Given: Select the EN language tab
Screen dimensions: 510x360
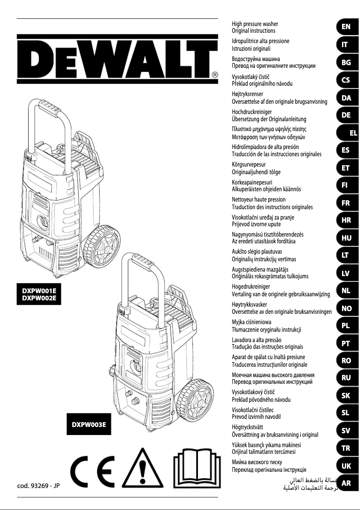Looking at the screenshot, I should point(346,27).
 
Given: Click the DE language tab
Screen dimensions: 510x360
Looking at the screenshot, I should point(346,115).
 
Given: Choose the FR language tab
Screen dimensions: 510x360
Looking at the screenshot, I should point(346,203).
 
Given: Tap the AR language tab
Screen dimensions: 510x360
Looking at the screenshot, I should point(346,484).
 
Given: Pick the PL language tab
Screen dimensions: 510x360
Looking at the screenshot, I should point(346,326).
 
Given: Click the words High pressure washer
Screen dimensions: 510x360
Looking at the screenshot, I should point(255,23).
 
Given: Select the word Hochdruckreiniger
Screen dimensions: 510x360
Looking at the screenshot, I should point(251,111).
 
